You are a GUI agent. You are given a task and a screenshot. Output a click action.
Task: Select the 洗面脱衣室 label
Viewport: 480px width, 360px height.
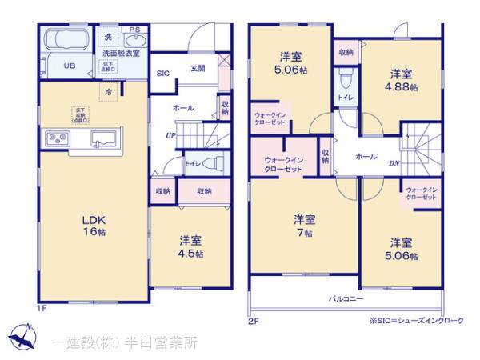(121, 54)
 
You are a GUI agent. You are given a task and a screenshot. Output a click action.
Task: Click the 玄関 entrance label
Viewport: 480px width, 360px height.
(198, 68)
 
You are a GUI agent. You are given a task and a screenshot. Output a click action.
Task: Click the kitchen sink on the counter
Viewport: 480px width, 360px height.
(104, 138)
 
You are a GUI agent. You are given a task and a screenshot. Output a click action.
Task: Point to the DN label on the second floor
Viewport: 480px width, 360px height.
(394, 163)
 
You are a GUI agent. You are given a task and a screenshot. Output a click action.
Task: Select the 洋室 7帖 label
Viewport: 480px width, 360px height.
(303, 225)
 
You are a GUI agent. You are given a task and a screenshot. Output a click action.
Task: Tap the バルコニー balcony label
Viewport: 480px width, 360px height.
(346, 298)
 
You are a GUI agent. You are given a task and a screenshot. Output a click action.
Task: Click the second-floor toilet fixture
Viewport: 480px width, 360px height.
(346, 79)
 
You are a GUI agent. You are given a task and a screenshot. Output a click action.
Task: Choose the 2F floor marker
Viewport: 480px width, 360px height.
(253, 322)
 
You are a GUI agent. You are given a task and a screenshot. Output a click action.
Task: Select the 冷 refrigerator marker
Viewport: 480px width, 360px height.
(107, 92)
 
